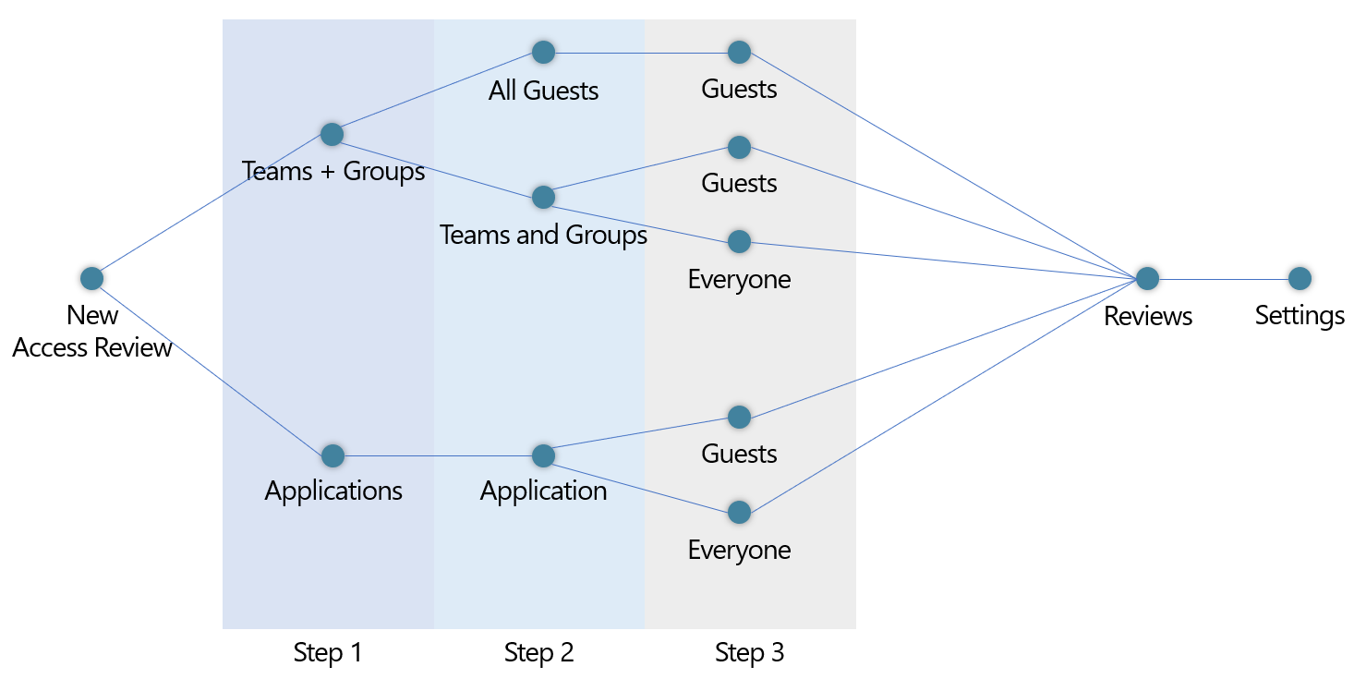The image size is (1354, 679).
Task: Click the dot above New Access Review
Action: (x=91, y=278)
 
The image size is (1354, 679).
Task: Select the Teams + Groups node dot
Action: (x=332, y=134)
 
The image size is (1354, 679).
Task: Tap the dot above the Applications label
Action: (x=332, y=455)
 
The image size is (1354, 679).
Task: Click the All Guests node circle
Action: (x=543, y=52)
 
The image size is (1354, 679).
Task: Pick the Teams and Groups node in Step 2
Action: (x=543, y=197)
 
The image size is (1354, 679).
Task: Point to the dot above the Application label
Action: (x=543, y=455)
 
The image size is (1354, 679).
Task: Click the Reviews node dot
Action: (x=1147, y=278)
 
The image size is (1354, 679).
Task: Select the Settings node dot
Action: (x=1300, y=278)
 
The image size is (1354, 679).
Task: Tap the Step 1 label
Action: (x=328, y=653)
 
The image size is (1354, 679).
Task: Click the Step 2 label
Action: (x=538, y=653)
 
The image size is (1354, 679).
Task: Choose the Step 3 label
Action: (x=749, y=653)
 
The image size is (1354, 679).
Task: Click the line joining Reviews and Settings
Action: (x=1224, y=278)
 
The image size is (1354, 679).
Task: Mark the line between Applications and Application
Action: (x=438, y=455)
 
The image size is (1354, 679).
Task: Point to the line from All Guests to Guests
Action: (x=641, y=52)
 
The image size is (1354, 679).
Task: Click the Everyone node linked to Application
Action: (x=739, y=512)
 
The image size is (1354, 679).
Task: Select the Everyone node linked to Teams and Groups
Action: (x=739, y=241)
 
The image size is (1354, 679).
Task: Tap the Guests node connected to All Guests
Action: (x=739, y=52)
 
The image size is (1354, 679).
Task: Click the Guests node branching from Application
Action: (x=739, y=417)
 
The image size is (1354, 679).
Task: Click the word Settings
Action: (x=1300, y=316)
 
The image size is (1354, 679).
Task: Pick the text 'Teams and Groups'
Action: (x=543, y=235)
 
